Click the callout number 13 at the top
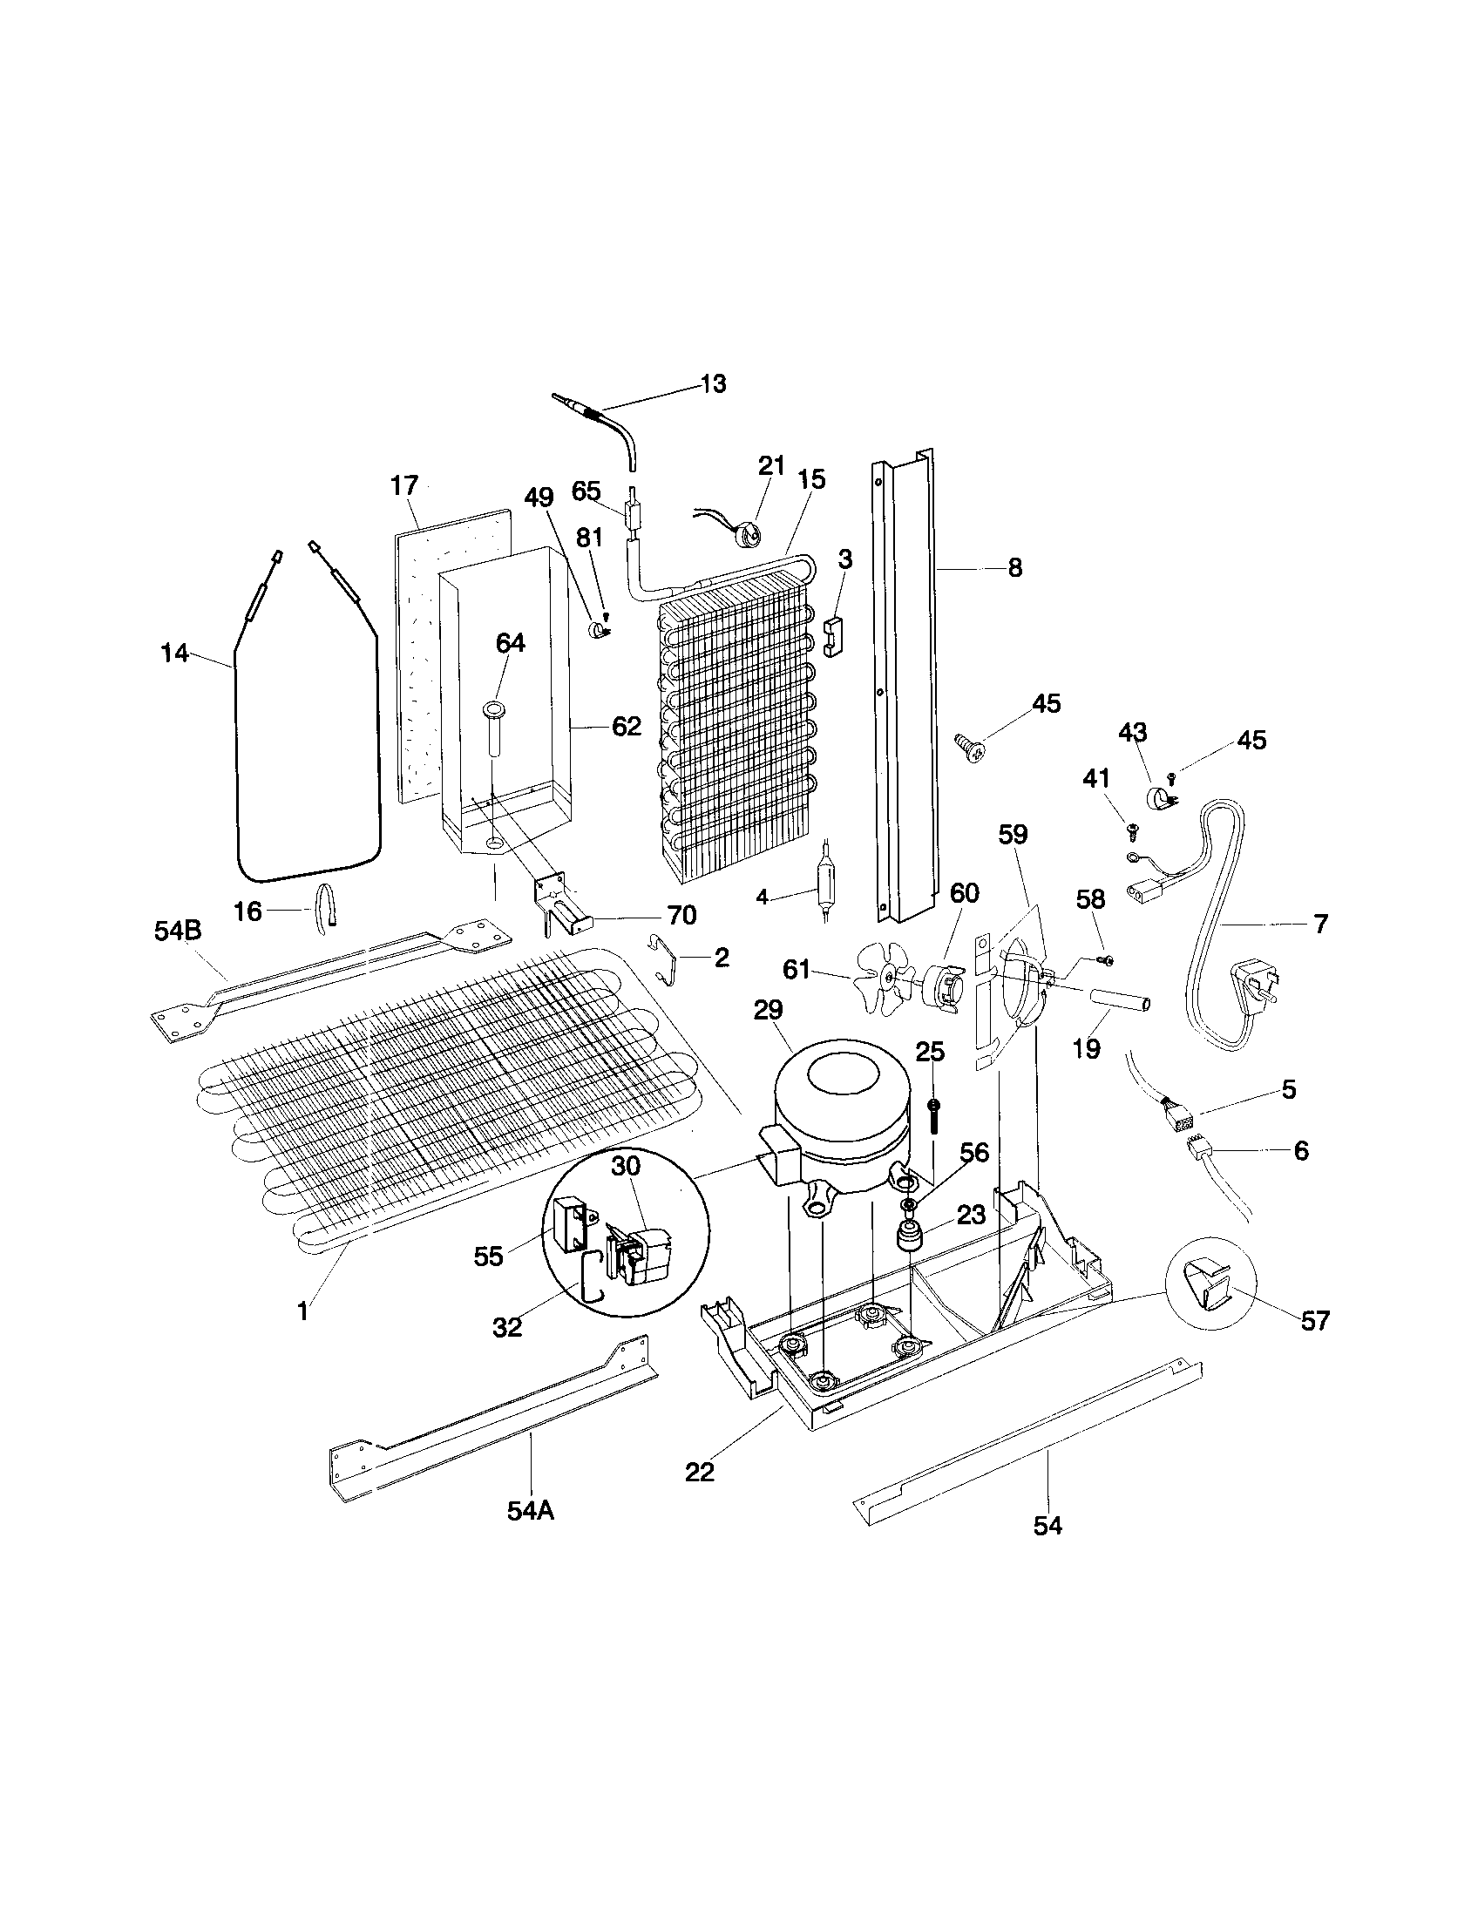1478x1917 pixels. pos(713,383)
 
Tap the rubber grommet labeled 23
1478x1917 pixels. pos(908,1241)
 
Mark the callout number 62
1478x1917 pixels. pos(626,727)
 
